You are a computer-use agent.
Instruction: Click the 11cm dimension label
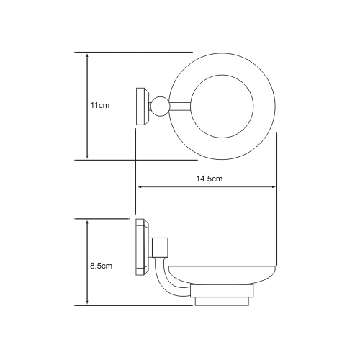tap(100, 105)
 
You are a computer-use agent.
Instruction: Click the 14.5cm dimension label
tap(210, 179)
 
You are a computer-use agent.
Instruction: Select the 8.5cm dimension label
tap(102, 266)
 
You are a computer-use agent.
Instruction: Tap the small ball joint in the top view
tap(160, 107)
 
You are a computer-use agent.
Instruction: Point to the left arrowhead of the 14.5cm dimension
tap(139, 187)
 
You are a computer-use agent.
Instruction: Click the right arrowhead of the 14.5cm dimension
tap(274, 187)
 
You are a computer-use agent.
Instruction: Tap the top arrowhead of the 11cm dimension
tap(87, 55)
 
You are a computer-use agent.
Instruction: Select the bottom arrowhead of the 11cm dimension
tap(87, 156)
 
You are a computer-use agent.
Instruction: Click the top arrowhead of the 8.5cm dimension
tap(87, 222)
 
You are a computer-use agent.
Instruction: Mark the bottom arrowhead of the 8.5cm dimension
tap(87, 302)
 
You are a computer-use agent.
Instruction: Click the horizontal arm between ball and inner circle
tap(180, 107)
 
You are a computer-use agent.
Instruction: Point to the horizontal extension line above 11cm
tap(133, 52)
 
